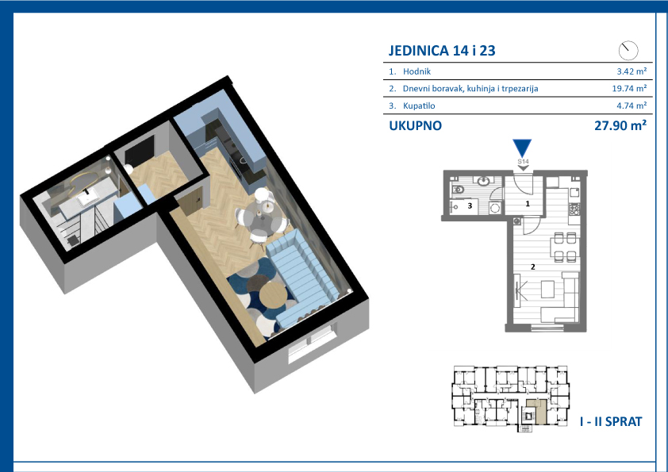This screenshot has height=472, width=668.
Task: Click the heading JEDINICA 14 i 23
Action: pos(442,51)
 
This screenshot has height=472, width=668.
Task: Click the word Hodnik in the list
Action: pos(417,71)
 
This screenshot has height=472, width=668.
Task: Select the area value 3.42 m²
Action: pos(632,71)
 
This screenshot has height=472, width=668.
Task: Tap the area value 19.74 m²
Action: pos(629,88)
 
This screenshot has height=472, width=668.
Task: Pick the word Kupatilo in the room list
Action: pos(419,106)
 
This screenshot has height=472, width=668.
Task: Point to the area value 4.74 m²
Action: pos(632,106)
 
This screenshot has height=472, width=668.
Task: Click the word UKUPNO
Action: pos(416,125)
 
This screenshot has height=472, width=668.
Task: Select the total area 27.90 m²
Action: pos(620,125)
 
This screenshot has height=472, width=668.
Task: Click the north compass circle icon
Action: pos(628,51)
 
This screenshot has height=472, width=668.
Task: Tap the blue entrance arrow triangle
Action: pos(522,148)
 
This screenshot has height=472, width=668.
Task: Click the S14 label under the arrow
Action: pos(523,162)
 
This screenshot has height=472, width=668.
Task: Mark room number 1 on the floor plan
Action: pos(528,204)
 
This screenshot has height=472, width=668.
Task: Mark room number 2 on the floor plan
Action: pos(532,267)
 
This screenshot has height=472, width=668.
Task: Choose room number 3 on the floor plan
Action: pos(470,205)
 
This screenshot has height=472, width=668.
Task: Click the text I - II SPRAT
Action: pos(611,422)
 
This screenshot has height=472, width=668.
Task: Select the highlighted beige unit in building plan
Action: pos(538,412)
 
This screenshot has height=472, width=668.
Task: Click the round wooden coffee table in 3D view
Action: pos(272,296)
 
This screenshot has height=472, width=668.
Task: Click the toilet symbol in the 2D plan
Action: pos(458,189)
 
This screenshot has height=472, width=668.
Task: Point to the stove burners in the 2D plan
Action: pos(574,209)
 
